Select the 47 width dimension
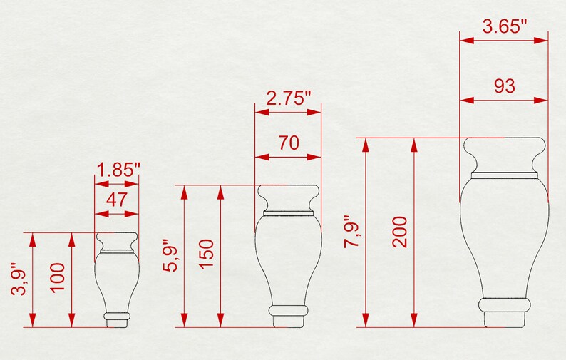point(117,200)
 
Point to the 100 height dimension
point(58,279)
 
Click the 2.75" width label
point(288,98)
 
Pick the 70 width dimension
point(288,142)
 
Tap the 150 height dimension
point(207,254)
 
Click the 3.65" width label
point(504,27)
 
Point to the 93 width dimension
point(504,86)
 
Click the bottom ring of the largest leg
point(505,304)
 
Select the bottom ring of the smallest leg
point(118,314)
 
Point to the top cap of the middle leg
point(288,197)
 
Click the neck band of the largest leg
point(504,174)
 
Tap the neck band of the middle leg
point(288,212)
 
